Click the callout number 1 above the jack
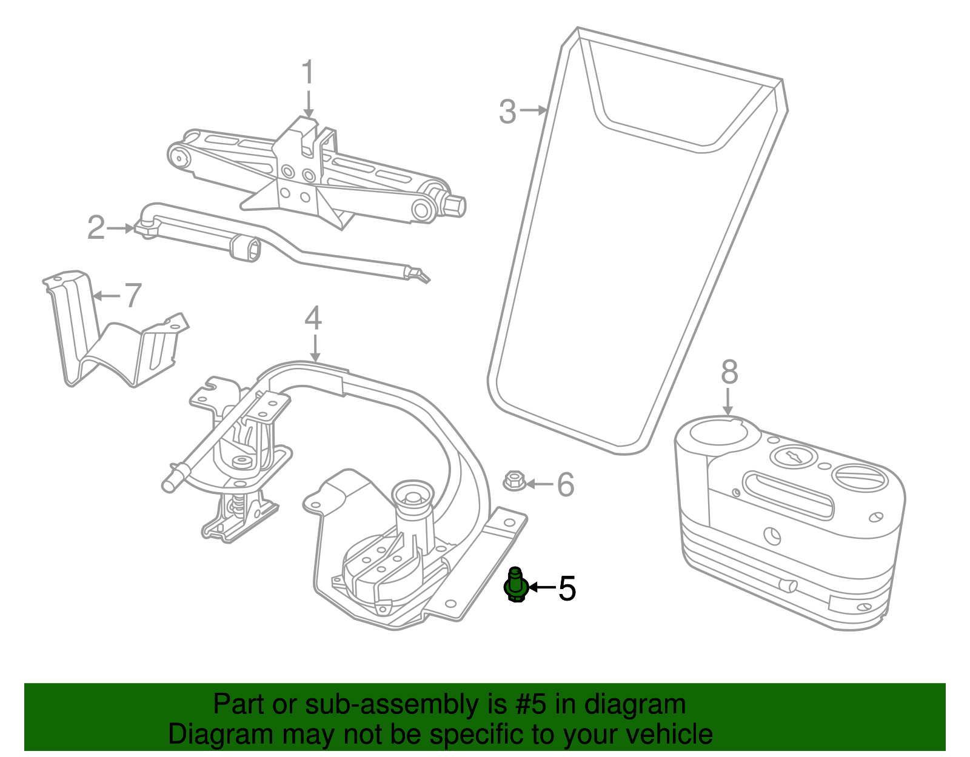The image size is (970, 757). coord(308,73)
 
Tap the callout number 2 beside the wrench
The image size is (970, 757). coord(96,228)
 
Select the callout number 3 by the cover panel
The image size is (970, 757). coord(507,112)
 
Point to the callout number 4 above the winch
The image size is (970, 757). coord(313,319)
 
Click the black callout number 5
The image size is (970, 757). coord(567,588)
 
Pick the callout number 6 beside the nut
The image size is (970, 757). coord(565,484)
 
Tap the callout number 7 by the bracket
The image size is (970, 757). coord(132,296)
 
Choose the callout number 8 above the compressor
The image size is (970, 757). coord(729,373)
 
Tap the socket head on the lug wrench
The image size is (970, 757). coord(246,248)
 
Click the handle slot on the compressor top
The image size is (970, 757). coord(788,495)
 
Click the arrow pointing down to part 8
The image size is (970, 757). coord(728,402)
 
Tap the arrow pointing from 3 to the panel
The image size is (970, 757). coord(533,110)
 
